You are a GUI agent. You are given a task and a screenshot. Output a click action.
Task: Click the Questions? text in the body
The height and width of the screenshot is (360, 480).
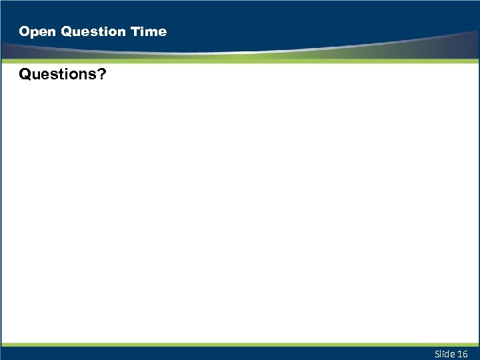62,75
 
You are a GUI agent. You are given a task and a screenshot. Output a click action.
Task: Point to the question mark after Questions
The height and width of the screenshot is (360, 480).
101,75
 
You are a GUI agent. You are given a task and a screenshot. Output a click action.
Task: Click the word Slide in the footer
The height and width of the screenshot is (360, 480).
444,353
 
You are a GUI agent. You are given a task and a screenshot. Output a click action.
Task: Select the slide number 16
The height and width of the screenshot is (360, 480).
463,353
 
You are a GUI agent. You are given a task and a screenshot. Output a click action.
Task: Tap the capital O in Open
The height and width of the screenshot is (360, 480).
25,31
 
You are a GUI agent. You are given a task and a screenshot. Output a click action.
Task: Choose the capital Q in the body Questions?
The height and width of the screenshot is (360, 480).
25,75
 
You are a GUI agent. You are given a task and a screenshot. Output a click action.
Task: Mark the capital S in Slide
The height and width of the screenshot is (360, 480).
437,353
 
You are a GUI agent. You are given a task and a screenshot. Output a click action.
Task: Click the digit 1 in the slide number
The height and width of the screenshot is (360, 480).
460,353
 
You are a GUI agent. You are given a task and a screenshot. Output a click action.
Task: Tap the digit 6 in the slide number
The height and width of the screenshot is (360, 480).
465,353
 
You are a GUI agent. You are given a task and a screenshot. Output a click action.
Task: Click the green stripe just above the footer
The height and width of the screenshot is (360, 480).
240,345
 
